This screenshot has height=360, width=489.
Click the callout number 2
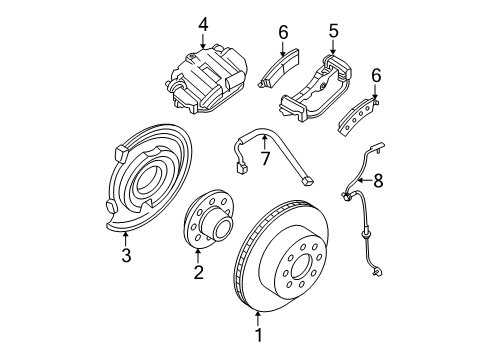(198, 272)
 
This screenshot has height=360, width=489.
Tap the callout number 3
(126, 257)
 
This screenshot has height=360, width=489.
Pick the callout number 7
(265, 158)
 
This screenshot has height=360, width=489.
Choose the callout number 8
(378, 182)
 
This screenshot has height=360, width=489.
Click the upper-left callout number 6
(283, 32)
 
